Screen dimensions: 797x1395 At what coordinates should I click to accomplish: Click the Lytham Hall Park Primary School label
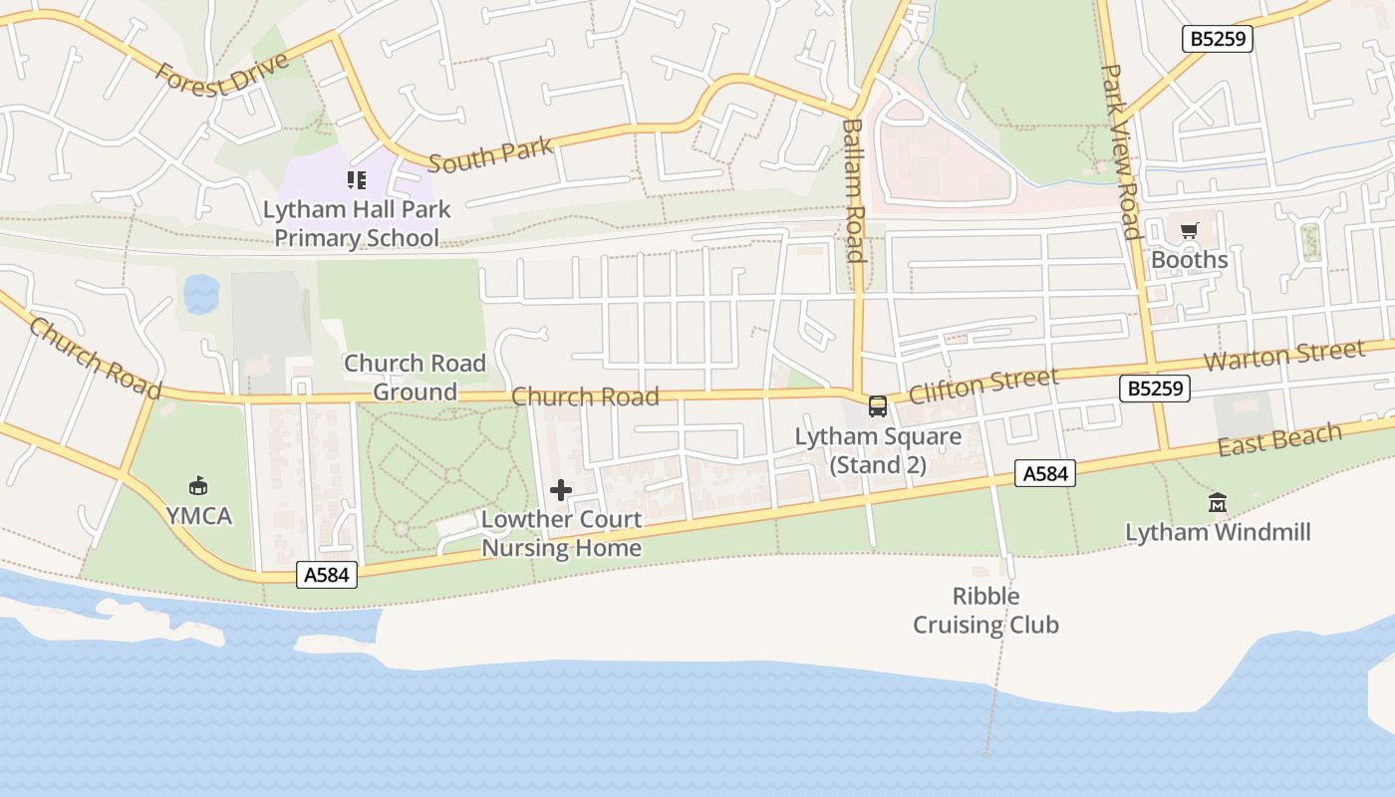click(x=357, y=224)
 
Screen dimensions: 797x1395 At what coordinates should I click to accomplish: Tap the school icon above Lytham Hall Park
click(x=356, y=180)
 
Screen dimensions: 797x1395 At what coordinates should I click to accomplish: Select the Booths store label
click(x=1189, y=260)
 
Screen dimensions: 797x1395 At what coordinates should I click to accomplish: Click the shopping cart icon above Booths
click(x=1189, y=232)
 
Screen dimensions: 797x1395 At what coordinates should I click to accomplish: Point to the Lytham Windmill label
click(x=1218, y=532)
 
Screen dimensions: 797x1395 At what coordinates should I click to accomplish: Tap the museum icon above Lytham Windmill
click(x=1218, y=503)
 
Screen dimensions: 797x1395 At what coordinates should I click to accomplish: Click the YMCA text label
click(x=198, y=516)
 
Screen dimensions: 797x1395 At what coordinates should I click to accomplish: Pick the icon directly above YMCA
click(x=198, y=486)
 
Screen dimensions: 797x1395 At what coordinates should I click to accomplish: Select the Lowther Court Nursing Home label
click(x=561, y=534)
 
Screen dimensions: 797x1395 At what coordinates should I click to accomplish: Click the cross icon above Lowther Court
click(x=561, y=490)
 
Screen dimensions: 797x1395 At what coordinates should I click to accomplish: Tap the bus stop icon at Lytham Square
click(x=878, y=406)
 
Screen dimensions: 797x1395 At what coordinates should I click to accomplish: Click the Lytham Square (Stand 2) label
click(x=878, y=450)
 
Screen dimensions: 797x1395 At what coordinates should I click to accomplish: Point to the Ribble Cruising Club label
click(x=985, y=611)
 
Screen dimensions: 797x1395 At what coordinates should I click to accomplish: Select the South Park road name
click(x=490, y=155)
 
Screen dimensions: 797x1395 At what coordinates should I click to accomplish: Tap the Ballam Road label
click(x=853, y=189)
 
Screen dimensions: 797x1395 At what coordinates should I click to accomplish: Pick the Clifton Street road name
click(x=982, y=385)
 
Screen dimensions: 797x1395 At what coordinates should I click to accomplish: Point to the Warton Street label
click(x=1283, y=356)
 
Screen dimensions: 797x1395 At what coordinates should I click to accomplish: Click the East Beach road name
click(x=1279, y=439)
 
